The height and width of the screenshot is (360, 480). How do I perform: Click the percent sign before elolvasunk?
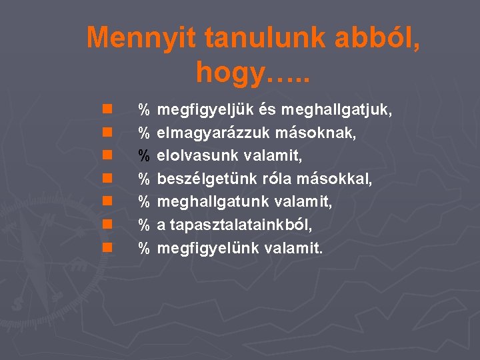tap(143, 155)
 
